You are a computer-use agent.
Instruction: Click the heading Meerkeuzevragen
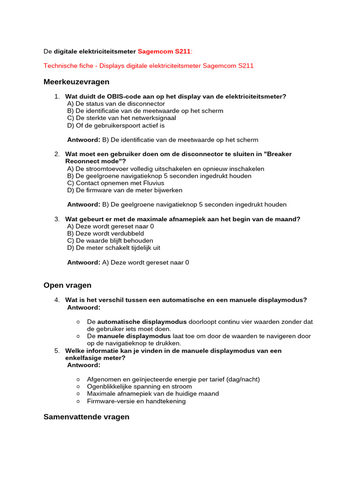pos(76,82)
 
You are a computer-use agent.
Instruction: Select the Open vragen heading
pos(67,285)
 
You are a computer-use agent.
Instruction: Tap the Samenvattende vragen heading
pos(86,417)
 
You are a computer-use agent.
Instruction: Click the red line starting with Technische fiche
pos(149,66)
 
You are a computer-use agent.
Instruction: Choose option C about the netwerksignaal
pos(121,118)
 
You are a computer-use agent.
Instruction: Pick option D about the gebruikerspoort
pos(116,126)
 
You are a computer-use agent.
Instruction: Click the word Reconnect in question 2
pos(82,161)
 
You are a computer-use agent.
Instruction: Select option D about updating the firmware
pos(125,190)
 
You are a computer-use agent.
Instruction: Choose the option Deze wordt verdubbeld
pos(105,233)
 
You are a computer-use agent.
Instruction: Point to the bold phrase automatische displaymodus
pos(142,322)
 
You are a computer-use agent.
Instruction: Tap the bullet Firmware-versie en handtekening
pos(136,401)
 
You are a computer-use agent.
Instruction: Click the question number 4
pos(57,300)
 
